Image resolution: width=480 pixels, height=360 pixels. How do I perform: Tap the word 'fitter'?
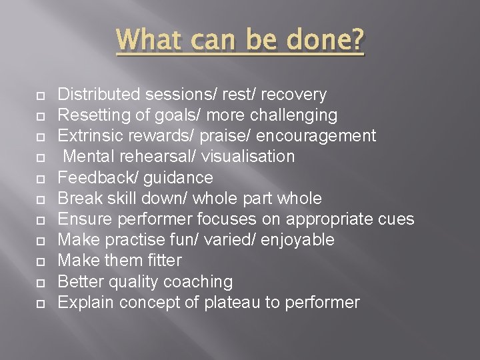[x=161, y=260]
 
